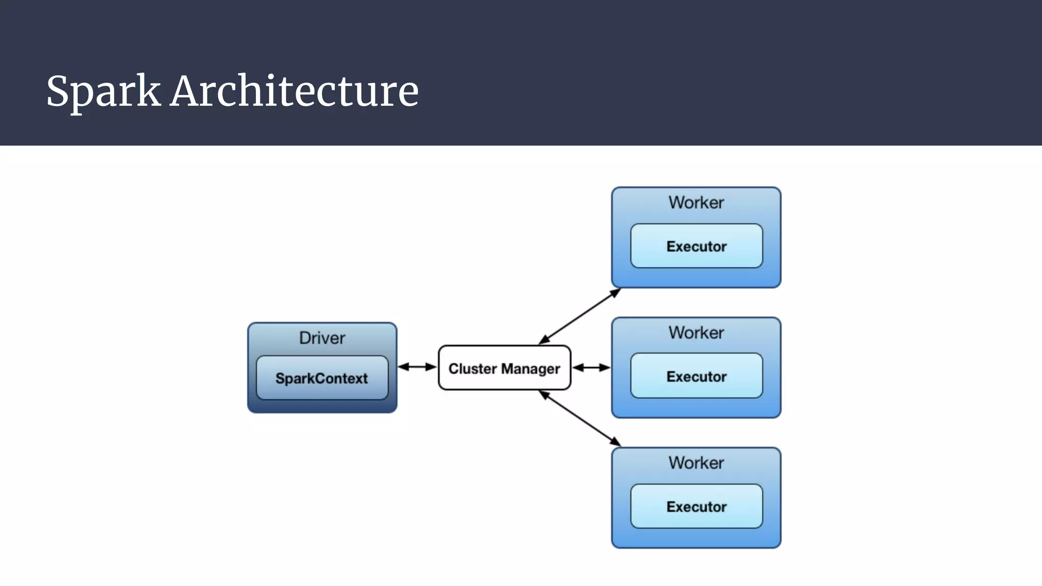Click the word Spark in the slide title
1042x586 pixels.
click(103, 92)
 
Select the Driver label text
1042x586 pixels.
click(322, 338)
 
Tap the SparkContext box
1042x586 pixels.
click(322, 378)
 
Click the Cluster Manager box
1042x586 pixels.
click(504, 368)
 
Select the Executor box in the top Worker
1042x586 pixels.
click(696, 246)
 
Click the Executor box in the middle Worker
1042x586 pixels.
click(696, 376)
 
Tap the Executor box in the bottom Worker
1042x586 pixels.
click(696, 507)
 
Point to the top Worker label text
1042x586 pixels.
click(696, 202)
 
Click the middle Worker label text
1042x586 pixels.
click(696, 333)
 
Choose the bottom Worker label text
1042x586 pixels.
click(696, 463)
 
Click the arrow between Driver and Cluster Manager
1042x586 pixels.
click(417, 367)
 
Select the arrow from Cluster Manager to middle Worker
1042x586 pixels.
click(591, 367)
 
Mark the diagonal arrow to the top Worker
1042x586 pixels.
click(580, 316)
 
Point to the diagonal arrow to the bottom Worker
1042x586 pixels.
click(580, 418)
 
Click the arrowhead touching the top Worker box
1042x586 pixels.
click(616, 292)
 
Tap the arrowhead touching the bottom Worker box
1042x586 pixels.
click(616, 442)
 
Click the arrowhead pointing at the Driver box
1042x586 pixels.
click(403, 367)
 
